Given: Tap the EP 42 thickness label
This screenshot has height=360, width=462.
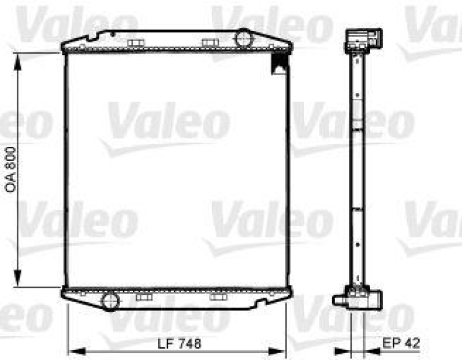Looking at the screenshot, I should [x=402, y=344].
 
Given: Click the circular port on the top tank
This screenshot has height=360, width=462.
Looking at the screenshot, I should [x=243, y=39].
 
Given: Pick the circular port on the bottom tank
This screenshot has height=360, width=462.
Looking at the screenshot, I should [x=109, y=300].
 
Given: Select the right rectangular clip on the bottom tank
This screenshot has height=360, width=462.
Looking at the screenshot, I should [x=218, y=297].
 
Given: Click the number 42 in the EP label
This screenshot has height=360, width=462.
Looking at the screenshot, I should [x=412, y=344].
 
